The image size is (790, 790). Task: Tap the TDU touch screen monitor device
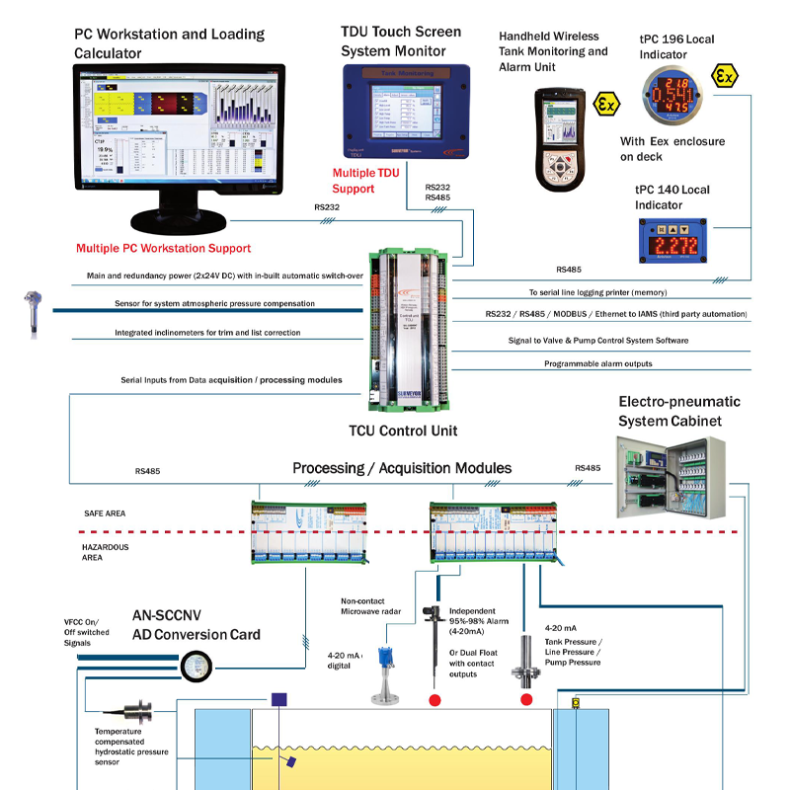[408, 111]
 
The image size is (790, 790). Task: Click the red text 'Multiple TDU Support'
[366, 181]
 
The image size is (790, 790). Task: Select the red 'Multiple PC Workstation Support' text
[163, 249]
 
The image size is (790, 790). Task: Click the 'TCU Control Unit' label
[403, 431]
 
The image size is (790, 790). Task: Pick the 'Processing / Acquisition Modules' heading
[402, 468]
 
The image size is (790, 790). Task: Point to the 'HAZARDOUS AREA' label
[105, 552]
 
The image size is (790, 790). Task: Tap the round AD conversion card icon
[197, 667]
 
